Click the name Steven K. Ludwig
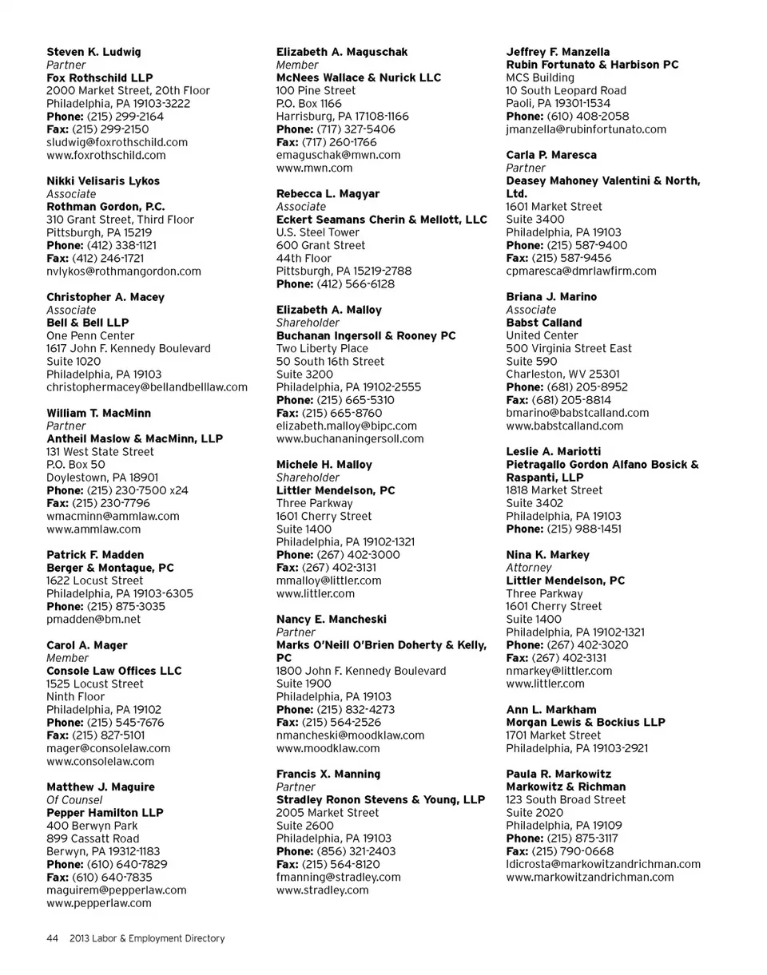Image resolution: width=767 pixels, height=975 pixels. pos(93,52)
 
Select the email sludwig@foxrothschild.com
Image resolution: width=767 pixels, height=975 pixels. pos(117,142)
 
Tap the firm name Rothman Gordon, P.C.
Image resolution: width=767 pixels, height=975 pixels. pos(105,206)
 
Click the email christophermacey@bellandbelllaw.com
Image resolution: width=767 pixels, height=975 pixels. pos(147,387)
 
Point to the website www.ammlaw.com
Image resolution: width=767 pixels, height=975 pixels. pos(93,529)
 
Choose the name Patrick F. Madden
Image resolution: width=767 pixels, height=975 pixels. pos(95,554)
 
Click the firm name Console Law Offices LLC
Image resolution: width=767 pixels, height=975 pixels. pos(114,671)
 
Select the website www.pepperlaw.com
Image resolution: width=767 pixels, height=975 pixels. pos(99,903)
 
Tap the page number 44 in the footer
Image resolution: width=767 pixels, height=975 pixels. pos(53,938)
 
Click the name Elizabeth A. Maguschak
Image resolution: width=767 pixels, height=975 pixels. pos(342,52)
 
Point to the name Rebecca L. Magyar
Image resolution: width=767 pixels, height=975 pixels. pos(328,194)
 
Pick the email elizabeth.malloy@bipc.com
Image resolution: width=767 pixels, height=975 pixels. pos(346,426)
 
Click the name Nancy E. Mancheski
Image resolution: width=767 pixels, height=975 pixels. pos(332,619)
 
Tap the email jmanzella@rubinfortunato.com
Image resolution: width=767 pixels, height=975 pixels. pos(586,129)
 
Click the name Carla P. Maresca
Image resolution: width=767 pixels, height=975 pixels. pos(551,155)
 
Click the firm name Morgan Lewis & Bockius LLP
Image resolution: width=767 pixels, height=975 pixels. pos(586,723)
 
